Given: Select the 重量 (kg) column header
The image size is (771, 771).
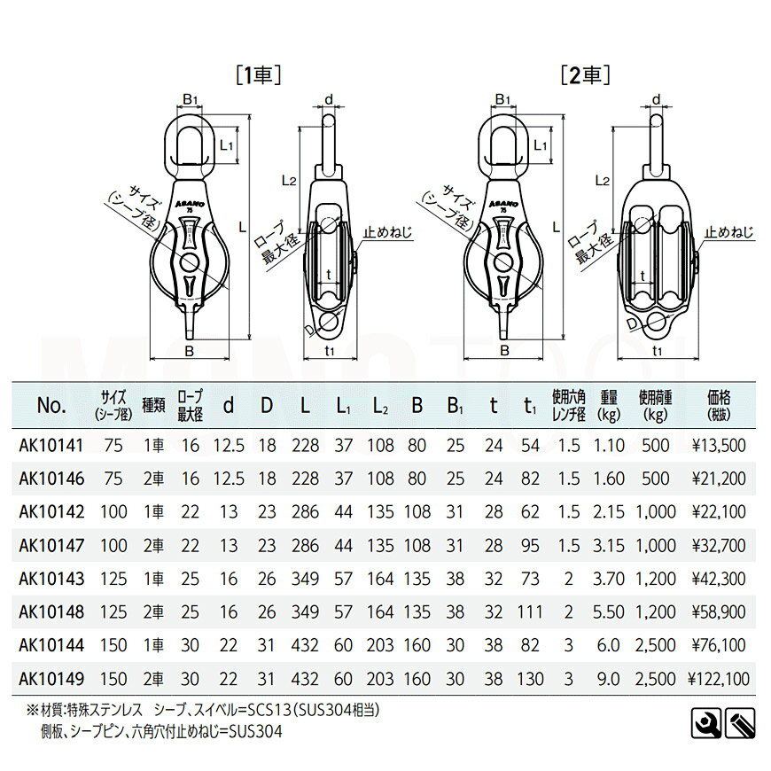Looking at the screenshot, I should click(608, 406).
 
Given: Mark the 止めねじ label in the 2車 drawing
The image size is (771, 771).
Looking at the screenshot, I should click(729, 233).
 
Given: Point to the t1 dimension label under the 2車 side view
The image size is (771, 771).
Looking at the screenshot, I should click(657, 351).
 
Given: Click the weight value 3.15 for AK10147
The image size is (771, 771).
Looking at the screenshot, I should click(608, 547).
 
